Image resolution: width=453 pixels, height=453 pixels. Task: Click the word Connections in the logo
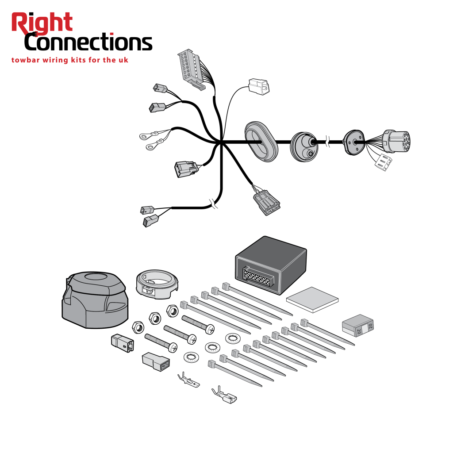click(x=88, y=42)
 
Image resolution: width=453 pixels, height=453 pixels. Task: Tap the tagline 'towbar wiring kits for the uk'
click(x=69, y=60)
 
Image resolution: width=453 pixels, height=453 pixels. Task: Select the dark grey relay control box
click(x=271, y=265)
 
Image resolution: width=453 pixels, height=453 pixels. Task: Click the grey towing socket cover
click(x=95, y=300)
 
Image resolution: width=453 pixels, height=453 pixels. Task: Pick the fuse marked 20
click(x=357, y=325)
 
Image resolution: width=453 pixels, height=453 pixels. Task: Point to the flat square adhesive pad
click(x=312, y=299)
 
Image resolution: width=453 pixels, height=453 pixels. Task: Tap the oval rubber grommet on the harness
click(x=261, y=142)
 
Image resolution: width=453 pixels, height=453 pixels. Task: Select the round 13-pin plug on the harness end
click(x=397, y=141)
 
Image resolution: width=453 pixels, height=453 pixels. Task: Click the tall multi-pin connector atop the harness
click(x=191, y=69)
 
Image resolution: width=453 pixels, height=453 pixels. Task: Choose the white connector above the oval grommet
click(x=259, y=86)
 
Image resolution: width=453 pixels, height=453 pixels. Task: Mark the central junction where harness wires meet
click(x=221, y=142)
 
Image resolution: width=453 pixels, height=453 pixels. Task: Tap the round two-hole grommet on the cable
click(x=304, y=147)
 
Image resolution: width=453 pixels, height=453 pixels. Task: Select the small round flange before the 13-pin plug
click(x=353, y=142)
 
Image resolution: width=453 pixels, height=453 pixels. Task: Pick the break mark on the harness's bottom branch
click(x=213, y=203)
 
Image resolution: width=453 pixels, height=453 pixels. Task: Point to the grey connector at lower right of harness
click(x=267, y=202)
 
